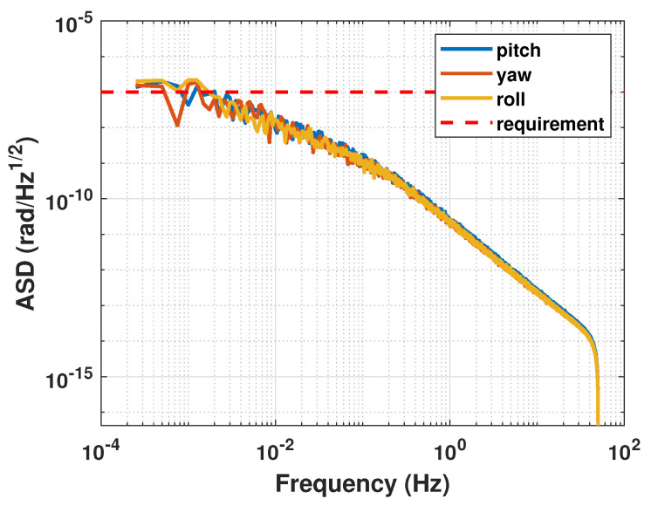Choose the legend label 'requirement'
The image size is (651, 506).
[550, 124]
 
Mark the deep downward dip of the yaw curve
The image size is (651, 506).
[178, 125]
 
